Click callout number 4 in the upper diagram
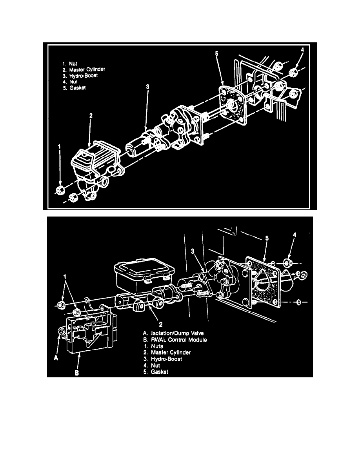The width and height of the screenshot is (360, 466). coord(302,50)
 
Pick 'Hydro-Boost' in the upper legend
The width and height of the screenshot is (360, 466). coord(83,76)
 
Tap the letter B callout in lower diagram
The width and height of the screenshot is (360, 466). coord(77,374)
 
